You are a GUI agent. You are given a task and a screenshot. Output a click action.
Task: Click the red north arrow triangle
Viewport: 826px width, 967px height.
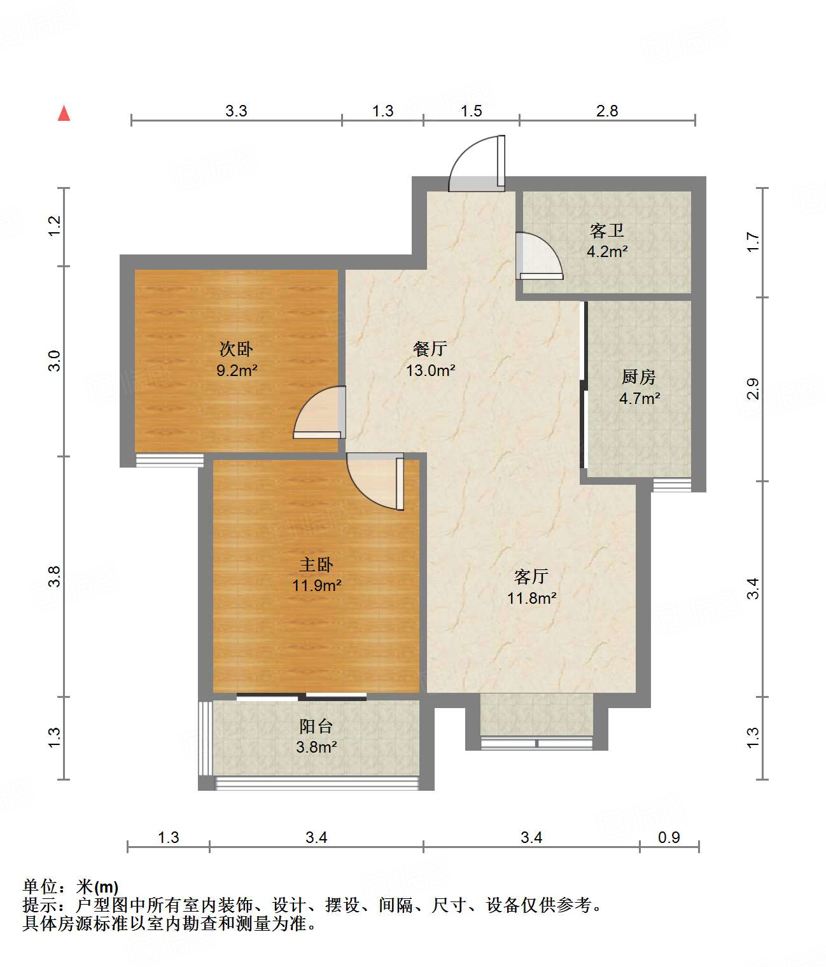(x=64, y=114)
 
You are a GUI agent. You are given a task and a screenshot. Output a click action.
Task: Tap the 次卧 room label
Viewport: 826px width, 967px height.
(x=236, y=349)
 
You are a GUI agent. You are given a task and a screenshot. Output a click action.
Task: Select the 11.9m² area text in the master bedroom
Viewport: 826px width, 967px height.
(x=316, y=585)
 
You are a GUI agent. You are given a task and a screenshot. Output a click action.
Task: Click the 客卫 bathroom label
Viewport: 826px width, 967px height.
(x=607, y=231)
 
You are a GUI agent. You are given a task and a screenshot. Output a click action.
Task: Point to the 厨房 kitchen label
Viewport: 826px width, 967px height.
(x=639, y=377)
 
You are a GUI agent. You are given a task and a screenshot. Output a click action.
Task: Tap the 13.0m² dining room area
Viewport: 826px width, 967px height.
(x=431, y=370)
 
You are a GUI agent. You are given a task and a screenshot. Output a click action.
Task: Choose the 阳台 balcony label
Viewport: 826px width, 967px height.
(x=316, y=726)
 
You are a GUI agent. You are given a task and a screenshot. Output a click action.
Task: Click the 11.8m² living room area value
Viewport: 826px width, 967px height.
(x=531, y=598)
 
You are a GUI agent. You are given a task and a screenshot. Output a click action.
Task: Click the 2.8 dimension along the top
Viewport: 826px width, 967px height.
(x=607, y=111)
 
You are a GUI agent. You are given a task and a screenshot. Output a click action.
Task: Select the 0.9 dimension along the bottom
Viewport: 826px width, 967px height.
(x=669, y=837)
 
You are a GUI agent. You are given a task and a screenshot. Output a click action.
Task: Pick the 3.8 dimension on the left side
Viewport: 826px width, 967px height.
(x=54, y=576)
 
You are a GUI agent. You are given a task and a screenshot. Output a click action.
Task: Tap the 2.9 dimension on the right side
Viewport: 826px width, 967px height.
(x=753, y=388)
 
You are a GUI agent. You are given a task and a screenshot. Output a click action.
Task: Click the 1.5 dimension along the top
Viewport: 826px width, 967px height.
(x=471, y=111)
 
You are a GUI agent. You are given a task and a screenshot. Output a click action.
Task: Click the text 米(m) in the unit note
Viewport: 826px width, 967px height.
(x=97, y=887)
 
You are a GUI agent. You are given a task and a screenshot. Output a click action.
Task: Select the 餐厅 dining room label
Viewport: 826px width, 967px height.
(x=430, y=349)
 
